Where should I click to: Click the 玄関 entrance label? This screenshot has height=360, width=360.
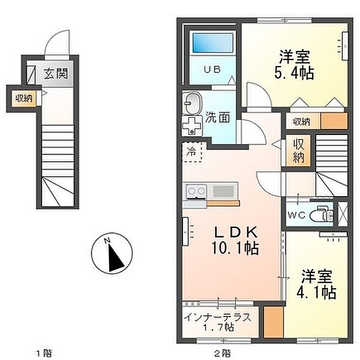click(x=56, y=74)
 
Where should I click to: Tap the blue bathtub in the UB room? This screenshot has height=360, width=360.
click(x=213, y=43)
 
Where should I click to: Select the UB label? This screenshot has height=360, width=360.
click(x=212, y=70)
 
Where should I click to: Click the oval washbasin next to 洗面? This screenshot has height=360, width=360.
click(x=192, y=104)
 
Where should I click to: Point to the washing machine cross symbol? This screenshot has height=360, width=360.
click(x=192, y=126)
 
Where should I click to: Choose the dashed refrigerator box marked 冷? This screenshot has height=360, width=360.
click(x=192, y=152)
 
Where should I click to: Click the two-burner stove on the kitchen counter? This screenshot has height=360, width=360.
click(x=196, y=191)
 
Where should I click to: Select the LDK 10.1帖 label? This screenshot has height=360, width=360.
click(x=235, y=241)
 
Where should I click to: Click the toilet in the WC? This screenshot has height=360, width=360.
click(x=322, y=215)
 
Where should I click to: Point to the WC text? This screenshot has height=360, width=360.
click(x=296, y=215)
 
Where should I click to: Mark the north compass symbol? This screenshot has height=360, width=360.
click(x=112, y=253)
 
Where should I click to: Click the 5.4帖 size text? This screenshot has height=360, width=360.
click(x=294, y=73)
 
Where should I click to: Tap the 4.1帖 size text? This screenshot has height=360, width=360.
click(x=317, y=292)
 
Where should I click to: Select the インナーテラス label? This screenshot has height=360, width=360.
click(x=217, y=317)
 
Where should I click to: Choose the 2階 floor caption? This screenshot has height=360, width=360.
click(x=223, y=353)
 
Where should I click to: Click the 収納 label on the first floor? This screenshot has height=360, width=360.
click(x=24, y=99)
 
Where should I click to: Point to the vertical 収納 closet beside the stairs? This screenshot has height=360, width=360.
click(x=298, y=151)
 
